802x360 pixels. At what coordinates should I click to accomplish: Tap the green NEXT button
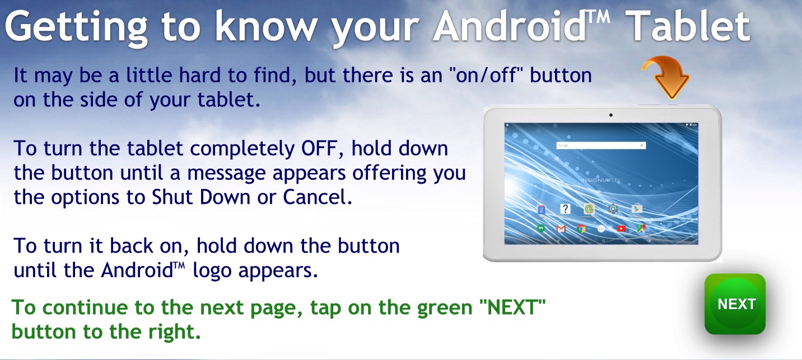(735, 304)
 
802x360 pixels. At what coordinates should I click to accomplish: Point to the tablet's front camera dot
(610, 115)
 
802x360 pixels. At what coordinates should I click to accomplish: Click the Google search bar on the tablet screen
(601, 146)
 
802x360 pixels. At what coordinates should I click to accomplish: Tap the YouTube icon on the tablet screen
(621, 228)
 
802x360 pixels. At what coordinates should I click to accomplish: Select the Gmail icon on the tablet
(561, 228)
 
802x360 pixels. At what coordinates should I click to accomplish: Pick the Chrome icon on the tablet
(581, 228)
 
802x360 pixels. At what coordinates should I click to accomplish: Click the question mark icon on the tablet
(565, 209)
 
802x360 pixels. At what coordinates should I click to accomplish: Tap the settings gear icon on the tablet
(613, 209)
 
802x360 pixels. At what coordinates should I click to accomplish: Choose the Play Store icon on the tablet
(637, 209)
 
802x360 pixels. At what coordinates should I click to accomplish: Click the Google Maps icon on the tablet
(641, 228)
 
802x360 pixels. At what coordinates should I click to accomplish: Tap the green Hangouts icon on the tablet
(541, 228)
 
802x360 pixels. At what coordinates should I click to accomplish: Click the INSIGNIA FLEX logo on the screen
(601, 180)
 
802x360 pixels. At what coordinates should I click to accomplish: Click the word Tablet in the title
(689, 26)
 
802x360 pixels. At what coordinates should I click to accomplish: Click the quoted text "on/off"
(486, 76)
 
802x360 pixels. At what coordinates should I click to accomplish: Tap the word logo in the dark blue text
(212, 271)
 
